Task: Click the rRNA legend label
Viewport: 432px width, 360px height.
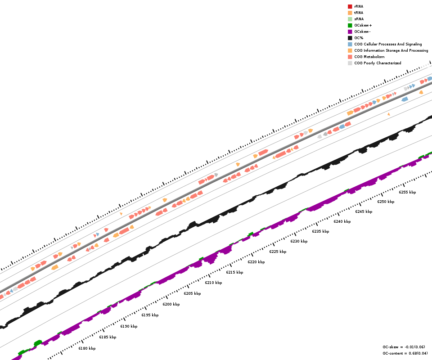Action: point(359,6)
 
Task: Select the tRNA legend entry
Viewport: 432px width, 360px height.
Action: point(359,13)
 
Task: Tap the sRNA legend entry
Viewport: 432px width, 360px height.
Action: point(359,19)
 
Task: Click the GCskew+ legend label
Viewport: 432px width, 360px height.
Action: point(363,25)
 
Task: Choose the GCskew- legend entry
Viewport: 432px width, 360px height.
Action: point(363,31)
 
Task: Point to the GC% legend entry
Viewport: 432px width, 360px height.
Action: point(359,38)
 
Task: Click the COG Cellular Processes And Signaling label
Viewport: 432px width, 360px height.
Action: point(388,44)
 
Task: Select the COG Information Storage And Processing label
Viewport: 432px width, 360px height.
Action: point(391,50)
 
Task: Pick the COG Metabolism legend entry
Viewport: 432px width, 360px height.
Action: point(369,57)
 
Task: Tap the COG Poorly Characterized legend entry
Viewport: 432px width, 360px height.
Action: point(378,63)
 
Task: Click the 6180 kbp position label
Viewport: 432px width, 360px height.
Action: point(87,348)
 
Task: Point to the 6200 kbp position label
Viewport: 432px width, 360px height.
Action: point(171,304)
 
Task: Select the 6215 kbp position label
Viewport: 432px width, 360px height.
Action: point(234,272)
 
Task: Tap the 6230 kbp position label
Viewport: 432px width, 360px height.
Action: point(299,241)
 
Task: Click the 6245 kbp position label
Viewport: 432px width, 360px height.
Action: point(364,211)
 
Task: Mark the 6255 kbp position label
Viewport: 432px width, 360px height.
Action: point(407,192)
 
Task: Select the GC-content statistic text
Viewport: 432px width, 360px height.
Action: point(405,353)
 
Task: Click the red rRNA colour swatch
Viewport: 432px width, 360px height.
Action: point(350,6)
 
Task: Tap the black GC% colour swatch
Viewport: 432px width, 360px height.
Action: point(350,38)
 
